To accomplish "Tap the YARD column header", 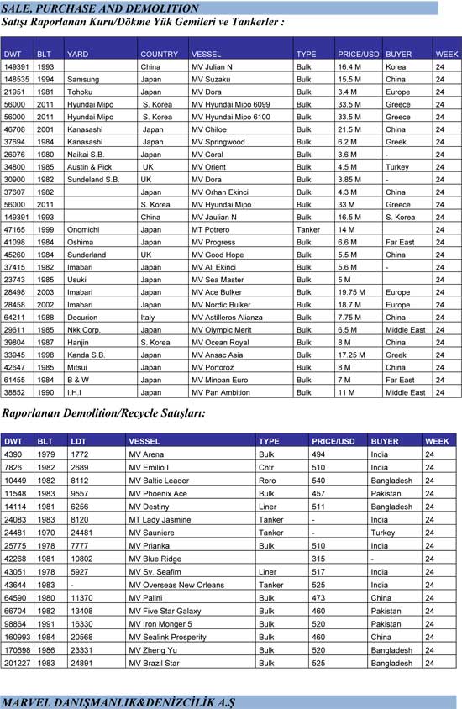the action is (x=77, y=54).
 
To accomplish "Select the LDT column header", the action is (x=78, y=441).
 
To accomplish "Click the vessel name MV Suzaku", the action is (x=211, y=79).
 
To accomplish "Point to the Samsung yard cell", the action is (x=81, y=79).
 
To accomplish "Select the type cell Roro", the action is (x=267, y=481).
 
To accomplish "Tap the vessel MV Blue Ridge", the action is (x=155, y=558).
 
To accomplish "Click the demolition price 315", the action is (x=318, y=558).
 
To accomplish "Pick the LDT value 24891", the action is (x=81, y=662).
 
